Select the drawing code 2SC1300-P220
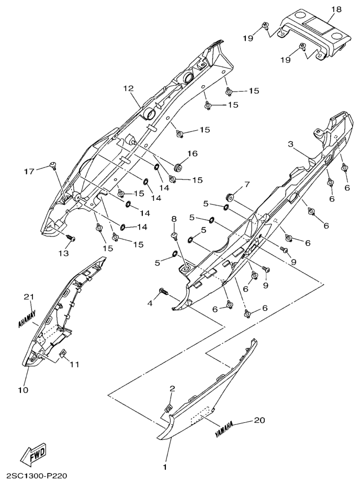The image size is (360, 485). [36, 476]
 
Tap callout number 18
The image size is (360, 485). [335, 10]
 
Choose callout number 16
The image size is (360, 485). [192, 154]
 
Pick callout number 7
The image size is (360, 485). [248, 184]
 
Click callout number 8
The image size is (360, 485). [174, 219]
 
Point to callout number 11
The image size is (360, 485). [75, 364]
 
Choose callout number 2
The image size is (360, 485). [172, 388]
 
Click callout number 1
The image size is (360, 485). [165, 465]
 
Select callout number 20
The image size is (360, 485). [260, 420]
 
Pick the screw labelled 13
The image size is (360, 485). [72, 238]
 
